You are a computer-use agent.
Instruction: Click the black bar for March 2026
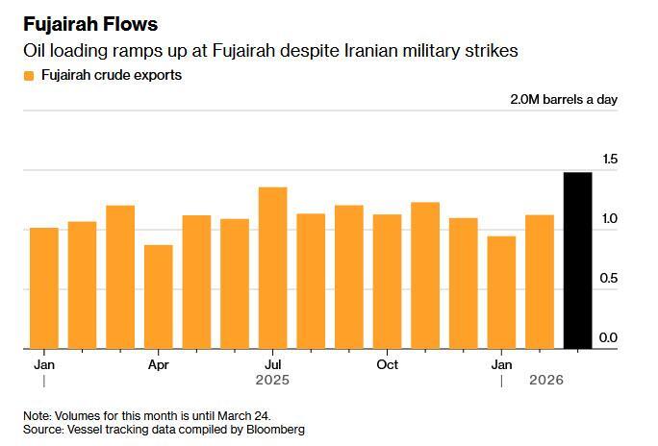(x=577, y=260)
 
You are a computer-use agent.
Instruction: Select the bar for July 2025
(x=272, y=268)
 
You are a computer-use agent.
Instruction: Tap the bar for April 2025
(x=159, y=297)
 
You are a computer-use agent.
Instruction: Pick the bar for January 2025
(x=44, y=288)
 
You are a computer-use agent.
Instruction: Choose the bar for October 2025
(x=387, y=282)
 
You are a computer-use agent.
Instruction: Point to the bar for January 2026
(x=501, y=292)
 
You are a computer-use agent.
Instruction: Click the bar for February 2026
(x=540, y=282)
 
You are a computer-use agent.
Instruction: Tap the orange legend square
(x=29, y=75)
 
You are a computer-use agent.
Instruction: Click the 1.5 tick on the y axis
(x=608, y=160)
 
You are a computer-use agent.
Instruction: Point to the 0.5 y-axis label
(x=608, y=279)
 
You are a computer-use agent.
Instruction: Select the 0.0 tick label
(x=608, y=338)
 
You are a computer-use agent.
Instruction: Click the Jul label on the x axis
(x=272, y=365)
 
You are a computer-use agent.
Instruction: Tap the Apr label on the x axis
(x=159, y=365)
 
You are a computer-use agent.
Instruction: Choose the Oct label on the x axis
(x=387, y=365)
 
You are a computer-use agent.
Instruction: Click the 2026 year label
(x=546, y=381)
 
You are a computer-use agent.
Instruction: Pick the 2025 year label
(x=272, y=381)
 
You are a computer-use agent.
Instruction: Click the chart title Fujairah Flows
(x=90, y=24)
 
